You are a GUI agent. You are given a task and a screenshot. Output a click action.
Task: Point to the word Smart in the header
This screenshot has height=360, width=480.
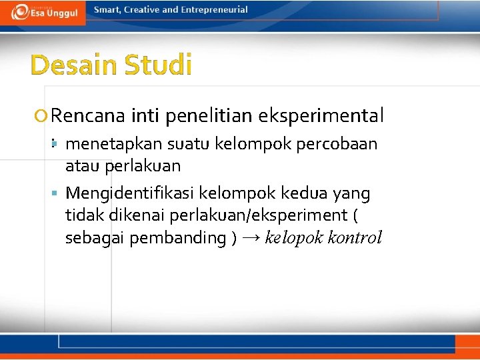click(x=107, y=9)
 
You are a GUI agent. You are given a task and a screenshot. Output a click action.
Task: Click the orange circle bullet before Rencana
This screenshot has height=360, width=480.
click(x=43, y=117)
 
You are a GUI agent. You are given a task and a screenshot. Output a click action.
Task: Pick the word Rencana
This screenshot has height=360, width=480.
click(x=88, y=116)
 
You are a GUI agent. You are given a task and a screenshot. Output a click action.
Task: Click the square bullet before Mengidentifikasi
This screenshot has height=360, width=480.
click(x=57, y=193)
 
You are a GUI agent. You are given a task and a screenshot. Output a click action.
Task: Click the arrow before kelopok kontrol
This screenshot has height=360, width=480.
click(x=251, y=238)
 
